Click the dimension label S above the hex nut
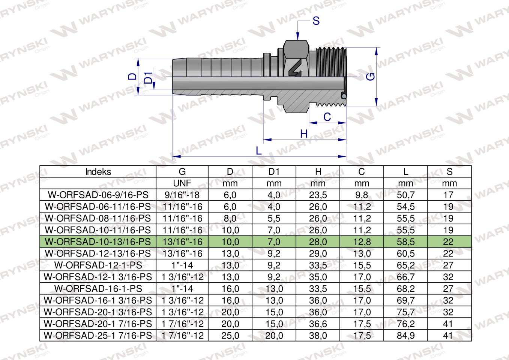[316, 21]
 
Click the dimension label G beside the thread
[371, 77]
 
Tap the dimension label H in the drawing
[304, 134]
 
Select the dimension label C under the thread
[327, 117]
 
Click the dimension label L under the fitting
[258, 151]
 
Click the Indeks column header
[98, 172]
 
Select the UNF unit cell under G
[182, 183]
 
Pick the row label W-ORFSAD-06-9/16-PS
[98, 195]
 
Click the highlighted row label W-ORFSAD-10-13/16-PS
[98, 242]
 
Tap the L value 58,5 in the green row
[405, 242]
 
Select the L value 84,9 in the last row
[405, 336]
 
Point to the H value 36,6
[318, 324]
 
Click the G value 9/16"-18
[182, 195]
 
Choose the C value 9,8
[362, 195]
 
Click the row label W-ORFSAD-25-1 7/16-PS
[98, 336]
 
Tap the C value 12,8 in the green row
[362, 242]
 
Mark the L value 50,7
[405, 195]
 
